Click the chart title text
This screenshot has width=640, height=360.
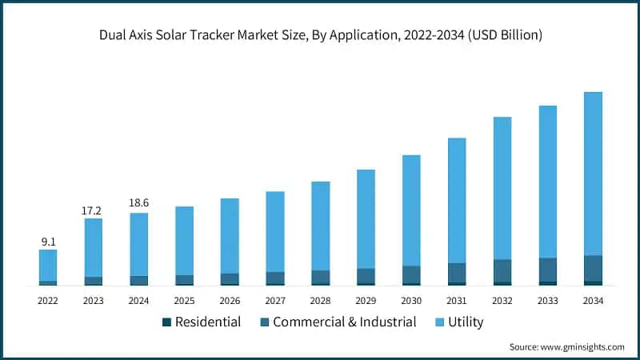pyautogui.click(x=320, y=34)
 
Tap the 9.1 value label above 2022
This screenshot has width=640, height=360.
pyautogui.click(x=48, y=241)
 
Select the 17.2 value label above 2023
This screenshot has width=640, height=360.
pyautogui.click(x=94, y=210)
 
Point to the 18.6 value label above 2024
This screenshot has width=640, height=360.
pyautogui.click(x=138, y=204)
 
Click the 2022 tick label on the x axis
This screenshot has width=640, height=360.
pyautogui.click(x=48, y=300)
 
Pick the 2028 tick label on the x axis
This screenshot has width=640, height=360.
pyautogui.click(x=320, y=300)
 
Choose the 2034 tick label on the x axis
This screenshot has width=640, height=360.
pyautogui.click(x=593, y=300)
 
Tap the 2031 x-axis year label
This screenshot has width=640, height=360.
pyautogui.click(x=457, y=300)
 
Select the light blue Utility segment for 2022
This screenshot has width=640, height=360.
pyautogui.click(x=48, y=265)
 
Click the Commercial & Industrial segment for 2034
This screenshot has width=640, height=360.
pyautogui.click(x=593, y=268)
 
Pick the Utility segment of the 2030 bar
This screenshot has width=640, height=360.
pyautogui.click(x=411, y=210)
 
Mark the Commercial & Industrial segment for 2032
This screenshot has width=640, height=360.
pyautogui.click(x=502, y=270)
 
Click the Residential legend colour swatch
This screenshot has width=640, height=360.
pyautogui.click(x=166, y=322)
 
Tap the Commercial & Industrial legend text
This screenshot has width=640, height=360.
pyautogui.click(x=344, y=322)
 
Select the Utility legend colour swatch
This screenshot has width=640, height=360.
pyautogui.click(x=438, y=322)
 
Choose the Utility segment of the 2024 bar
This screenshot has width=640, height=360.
pyautogui.click(x=138, y=244)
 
